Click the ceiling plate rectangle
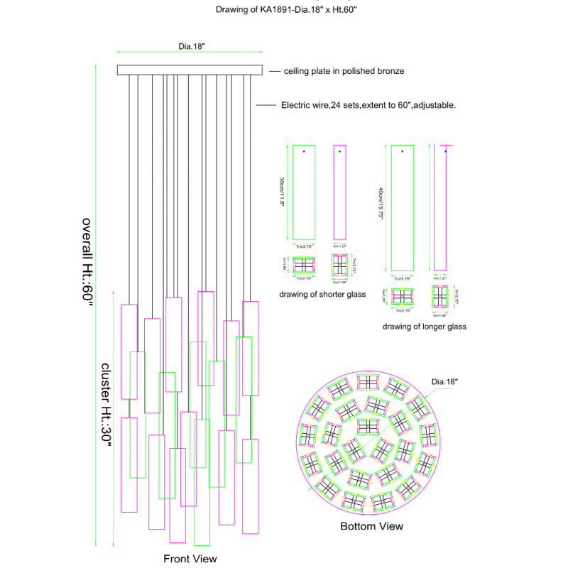190,70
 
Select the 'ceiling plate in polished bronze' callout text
344,71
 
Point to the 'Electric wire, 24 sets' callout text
368,104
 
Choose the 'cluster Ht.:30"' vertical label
106,405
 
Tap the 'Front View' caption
190,559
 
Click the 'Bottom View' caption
371,526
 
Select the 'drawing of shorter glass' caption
322,294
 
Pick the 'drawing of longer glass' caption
425,327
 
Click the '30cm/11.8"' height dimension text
283,192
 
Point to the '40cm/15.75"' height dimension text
381,204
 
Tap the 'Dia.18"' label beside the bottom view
445,381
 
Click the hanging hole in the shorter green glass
304,151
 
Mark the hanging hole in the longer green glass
403,151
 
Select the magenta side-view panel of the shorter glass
339,192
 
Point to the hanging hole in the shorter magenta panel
339,151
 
